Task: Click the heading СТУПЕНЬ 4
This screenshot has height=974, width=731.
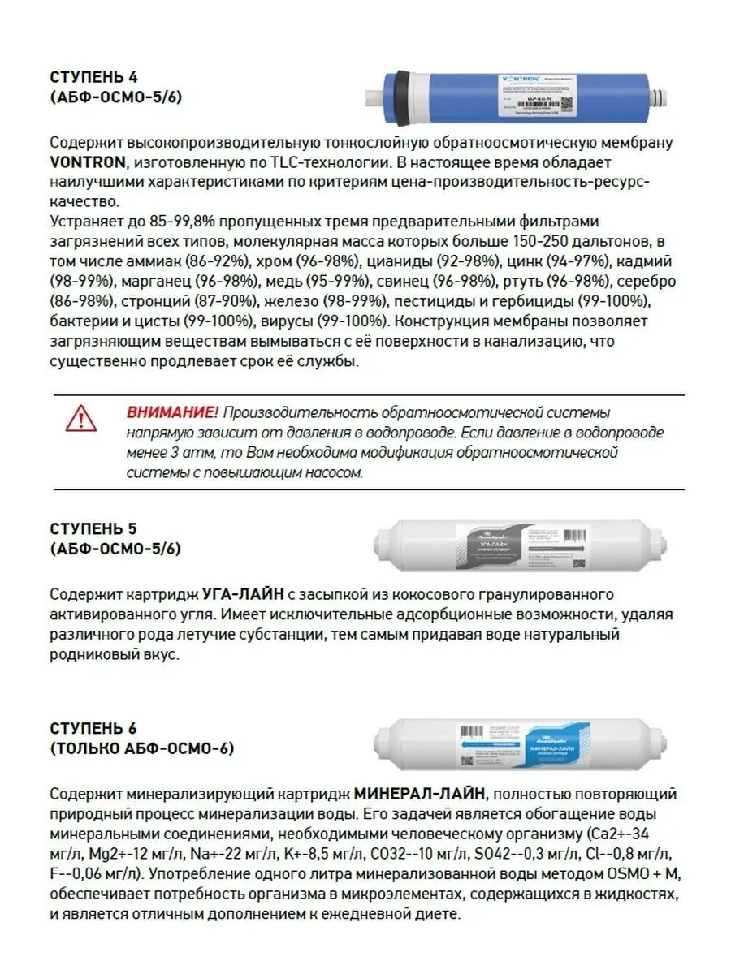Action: click(93, 79)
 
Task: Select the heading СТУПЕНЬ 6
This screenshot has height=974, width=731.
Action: click(93, 728)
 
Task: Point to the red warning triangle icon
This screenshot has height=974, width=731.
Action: click(81, 418)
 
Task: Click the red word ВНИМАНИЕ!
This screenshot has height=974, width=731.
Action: click(172, 413)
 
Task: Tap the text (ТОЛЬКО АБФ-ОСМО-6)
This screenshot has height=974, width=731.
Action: click(141, 748)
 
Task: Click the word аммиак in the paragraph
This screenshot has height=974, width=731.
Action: click(154, 262)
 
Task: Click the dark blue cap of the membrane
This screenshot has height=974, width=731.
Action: click(400, 88)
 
